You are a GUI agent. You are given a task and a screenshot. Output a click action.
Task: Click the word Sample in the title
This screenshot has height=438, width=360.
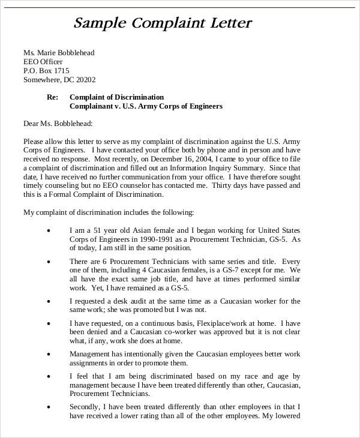(98, 25)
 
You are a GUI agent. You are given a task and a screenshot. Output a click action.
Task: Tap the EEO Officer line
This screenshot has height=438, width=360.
(43, 62)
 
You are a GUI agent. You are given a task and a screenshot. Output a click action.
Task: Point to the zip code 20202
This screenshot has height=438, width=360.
(83, 80)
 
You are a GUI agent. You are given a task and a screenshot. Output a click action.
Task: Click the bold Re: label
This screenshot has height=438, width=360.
(53, 97)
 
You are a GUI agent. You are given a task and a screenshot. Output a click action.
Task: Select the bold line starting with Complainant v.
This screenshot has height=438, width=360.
(146, 106)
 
